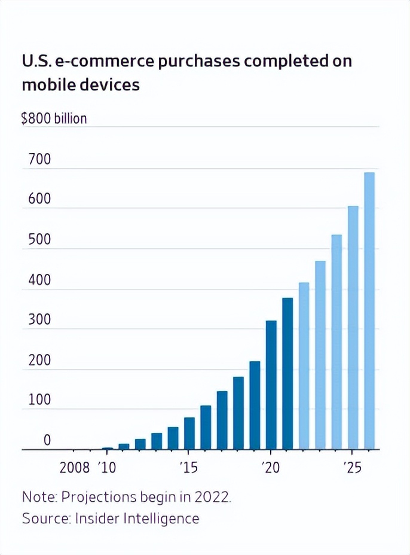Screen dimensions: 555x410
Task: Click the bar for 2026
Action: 369,311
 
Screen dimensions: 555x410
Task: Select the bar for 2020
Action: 271,385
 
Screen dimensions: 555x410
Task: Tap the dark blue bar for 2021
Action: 287,374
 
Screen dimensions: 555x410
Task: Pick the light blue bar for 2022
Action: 304,366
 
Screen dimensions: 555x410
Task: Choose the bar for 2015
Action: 189,434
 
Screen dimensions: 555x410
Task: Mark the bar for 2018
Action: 238,413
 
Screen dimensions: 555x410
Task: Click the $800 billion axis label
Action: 54,118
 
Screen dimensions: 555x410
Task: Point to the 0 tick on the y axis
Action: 47,441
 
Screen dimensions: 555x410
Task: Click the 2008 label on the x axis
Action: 75,468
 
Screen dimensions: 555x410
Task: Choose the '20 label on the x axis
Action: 270,468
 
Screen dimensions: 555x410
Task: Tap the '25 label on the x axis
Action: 353,468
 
